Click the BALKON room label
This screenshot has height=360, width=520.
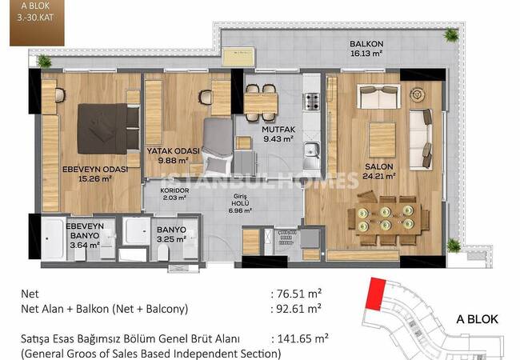366,44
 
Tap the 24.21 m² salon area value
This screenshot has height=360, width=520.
378,176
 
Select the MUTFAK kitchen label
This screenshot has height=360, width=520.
278,130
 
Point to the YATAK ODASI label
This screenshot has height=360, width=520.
174,151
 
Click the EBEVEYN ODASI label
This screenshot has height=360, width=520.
95,170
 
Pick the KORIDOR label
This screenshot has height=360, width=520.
174,190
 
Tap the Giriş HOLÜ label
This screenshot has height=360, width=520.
240,200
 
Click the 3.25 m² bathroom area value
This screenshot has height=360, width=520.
171,238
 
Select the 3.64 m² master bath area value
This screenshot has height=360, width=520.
85,245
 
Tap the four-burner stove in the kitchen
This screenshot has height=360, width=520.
311,102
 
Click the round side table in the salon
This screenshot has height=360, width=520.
418,94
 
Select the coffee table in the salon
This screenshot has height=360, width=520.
382,140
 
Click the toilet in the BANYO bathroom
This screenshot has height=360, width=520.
163,253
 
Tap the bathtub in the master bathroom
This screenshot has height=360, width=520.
53,238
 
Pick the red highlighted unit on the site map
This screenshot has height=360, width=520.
376,294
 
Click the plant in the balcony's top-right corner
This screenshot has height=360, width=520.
451,34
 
